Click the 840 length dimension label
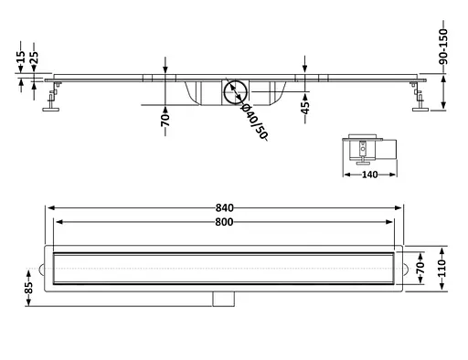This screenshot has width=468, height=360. [x=225, y=208]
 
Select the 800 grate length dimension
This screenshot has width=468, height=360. [x=224, y=222]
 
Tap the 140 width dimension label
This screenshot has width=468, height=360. [x=370, y=175]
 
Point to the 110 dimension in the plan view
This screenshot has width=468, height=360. [x=442, y=268]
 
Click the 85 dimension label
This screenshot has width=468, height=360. [x=28, y=288]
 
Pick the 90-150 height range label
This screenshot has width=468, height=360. [x=443, y=47]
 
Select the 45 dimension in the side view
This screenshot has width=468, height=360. [x=304, y=108]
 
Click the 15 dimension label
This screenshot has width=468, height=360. [x=21, y=57]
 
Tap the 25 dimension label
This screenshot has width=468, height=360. [x=34, y=58]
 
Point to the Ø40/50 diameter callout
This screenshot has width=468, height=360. [x=254, y=122]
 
